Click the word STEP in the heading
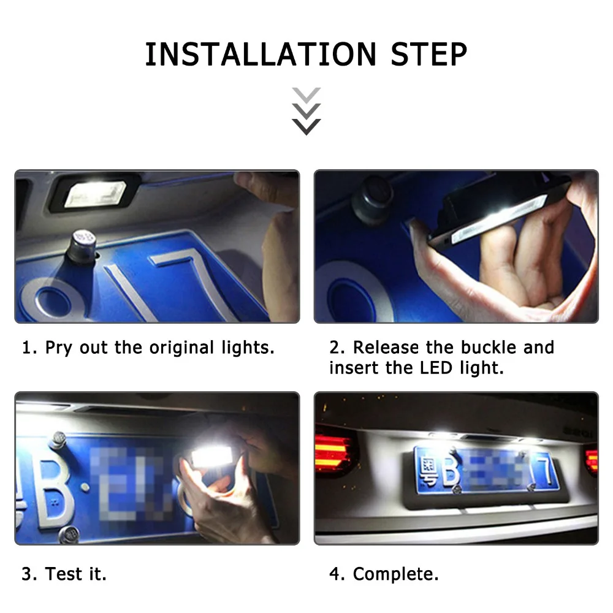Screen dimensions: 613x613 coord(429,55)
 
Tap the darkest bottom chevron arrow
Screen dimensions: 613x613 coord(306,127)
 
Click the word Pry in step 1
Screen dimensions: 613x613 coord(59,348)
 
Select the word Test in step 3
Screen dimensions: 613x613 coord(64,574)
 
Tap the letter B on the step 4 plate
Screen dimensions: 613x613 coord(450,467)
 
